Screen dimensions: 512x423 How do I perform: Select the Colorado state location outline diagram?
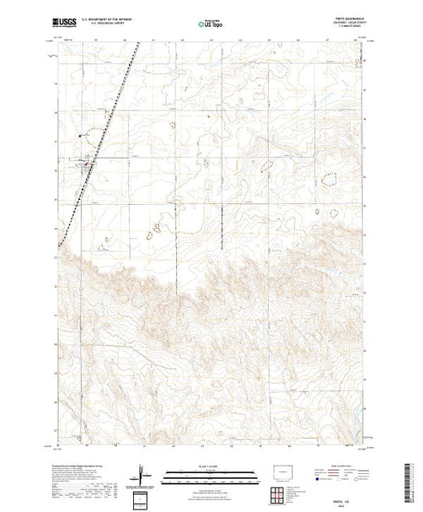pyautogui.click(x=282, y=471)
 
